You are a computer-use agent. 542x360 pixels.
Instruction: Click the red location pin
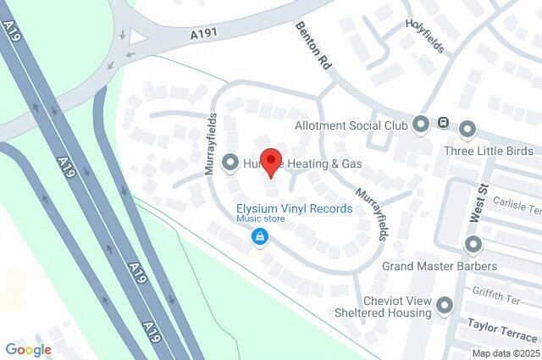pyautogui.click(x=270, y=161)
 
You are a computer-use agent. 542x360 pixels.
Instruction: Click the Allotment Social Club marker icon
pyautogui.click(x=422, y=125)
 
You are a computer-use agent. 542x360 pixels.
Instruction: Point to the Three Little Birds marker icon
pyautogui.click(x=467, y=129)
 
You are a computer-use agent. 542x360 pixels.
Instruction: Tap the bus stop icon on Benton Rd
pyautogui.click(x=443, y=124)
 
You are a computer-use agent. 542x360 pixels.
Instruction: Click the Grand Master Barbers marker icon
pyautogui.click(x=473, y=245)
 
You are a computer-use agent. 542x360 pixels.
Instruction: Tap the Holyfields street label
pyautogui.click(x=424, y=36)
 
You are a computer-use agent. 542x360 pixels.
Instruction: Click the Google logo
pyautogui.click(x=28, y=349)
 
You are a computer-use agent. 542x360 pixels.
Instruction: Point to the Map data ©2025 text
pyautogui.click(x=505, y=353)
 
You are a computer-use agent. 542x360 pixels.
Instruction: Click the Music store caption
pyautogui.click(x=260, y=219)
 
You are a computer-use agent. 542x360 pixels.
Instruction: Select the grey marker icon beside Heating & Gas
pyautogui.click(x=230, y=162)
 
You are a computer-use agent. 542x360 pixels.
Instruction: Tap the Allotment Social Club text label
pyautogui.click(x=351, y=126)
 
